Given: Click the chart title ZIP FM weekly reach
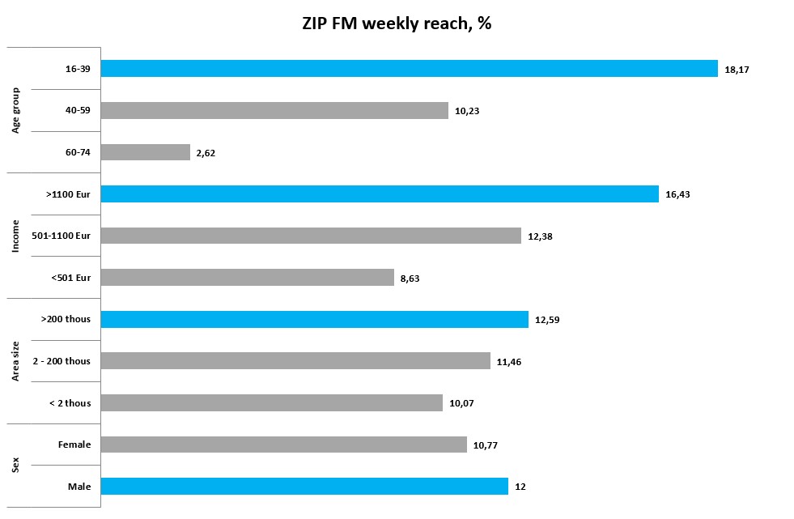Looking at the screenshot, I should click(397, 23).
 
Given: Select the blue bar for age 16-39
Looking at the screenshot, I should click(409, 69).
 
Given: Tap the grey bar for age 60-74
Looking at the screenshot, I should click(145, 152).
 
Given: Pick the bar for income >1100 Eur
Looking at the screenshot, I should click(380, 194).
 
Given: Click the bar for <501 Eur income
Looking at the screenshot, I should click(247, 278).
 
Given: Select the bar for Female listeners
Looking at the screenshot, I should click(283, 445).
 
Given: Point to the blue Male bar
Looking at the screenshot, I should click(304, 487).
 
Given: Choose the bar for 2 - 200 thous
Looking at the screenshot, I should click(295, 361).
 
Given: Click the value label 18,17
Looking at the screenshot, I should click(737, 70).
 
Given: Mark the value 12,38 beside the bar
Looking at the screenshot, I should click(540, 236).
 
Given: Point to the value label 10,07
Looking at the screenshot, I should click(461, 403).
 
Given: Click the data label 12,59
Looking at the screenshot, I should click(547, 320).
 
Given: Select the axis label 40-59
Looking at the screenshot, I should click(78, 111).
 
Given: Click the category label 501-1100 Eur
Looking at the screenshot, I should click(66, 236).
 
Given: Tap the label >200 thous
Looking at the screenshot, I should click(66, 320).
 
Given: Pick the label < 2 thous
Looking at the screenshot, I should click(70, 403).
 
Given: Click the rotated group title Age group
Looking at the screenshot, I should click(15, 110).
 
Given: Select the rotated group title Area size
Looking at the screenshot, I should click(15, 361).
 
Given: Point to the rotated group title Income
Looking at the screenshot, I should click(15, 236).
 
